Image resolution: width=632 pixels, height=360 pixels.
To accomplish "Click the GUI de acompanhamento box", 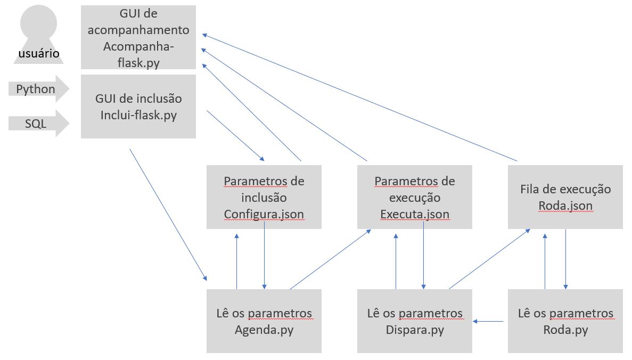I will pyautogui.click(x=138, y=37).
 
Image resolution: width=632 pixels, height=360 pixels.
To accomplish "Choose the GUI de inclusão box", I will pyautogui.click(x=138, y=107).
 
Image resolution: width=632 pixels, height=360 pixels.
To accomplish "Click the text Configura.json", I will pyautogui.click(x=264, y=214).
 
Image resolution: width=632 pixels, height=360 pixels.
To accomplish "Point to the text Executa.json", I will pyautogui.click(x=414, y=214).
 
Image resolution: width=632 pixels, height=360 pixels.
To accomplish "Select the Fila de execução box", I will pyautogui.click(x=565, y=197).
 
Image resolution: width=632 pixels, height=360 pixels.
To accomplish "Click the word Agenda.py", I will pyautogui.click(x=264, y=330).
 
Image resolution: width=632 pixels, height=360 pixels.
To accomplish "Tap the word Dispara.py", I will pyautogui.click(x=414, y=330).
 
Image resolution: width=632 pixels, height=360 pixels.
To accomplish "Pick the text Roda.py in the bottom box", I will pyautogui.click(x=565, y=330).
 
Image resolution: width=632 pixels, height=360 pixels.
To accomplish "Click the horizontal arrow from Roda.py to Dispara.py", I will pyautogui.click(x=489, y=321).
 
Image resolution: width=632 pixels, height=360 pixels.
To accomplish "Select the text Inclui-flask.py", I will pyautogui.click(x=138, y=114).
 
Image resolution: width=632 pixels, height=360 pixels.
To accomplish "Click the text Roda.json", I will pyautogui.click(x=565, y=206).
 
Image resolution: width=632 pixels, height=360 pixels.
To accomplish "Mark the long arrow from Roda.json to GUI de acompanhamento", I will pyautogui.click(x=360, y=97).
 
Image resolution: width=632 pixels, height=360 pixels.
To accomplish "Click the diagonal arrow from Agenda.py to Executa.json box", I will pyautogui.click(x=330, y=259).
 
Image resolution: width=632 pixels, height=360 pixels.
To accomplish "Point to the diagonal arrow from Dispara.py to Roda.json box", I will pyautogui.click(x=489, y=259).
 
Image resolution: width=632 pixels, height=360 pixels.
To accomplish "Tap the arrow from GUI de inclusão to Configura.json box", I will pyautogui.click(x=235, y=135).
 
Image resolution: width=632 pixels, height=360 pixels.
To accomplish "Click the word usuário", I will pyautogui.click(x=38, y=53).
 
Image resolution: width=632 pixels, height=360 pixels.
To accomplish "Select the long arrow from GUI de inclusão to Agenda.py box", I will pyautogui.click(x=168, y=214).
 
